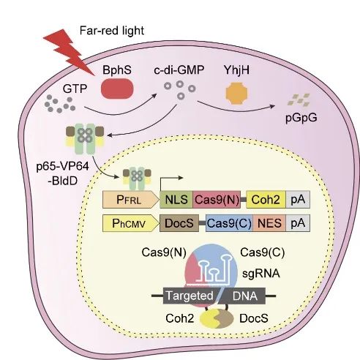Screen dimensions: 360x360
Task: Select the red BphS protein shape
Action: (x=117, y=89)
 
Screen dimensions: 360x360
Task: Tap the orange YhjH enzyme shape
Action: (x=236, y=93)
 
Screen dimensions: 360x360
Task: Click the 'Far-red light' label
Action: (x=112, y=31)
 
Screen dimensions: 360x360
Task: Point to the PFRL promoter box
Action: (x=131, y=200)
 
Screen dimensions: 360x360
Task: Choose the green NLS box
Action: (x=176, y=200)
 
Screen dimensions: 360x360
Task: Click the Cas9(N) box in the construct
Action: (x=217, y=200)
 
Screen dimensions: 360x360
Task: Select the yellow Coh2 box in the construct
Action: (x=266, y=200)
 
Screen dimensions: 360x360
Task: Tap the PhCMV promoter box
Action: (x=131, y=223)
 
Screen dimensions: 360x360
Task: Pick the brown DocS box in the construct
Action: (x=179, y=223)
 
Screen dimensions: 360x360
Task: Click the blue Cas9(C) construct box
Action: (x=229, y=223)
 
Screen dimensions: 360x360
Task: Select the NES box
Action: (x=269, y=223)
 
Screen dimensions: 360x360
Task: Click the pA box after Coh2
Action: (x=298, y=200)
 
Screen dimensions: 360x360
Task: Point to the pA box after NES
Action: (x=298, y=223)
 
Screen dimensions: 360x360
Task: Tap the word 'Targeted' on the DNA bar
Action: (x=190, y=296)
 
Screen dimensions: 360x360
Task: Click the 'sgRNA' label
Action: (x=261, y=274)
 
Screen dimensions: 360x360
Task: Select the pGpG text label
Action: (x=301, y=118)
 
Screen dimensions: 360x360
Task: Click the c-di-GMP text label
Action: (x=179, y=70)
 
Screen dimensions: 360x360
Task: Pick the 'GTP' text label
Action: (x=75, y=89)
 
